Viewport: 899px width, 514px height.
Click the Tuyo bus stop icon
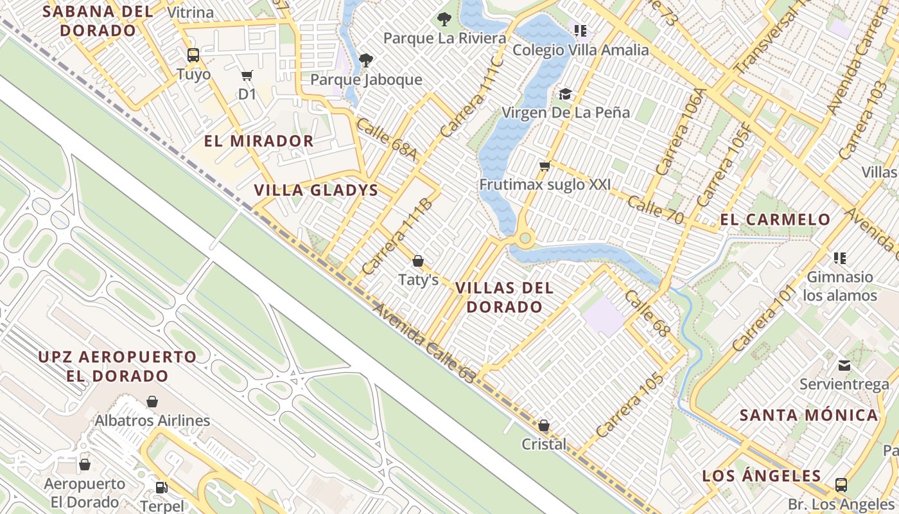[193, 55]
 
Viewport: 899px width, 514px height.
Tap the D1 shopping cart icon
[247, 76]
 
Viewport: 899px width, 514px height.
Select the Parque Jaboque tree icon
[366, 60]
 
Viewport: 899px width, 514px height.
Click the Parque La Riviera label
[444, 39]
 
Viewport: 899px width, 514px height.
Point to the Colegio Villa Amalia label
[580, 50]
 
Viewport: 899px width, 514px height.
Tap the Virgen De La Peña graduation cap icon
[565, 94]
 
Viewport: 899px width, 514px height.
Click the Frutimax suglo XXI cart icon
[545, 166]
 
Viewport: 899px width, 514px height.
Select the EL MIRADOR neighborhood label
[259, 141]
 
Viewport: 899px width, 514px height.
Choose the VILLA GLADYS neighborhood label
[316, 191]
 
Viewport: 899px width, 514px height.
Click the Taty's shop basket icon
[418, 261]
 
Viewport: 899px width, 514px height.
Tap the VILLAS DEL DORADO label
[504, 297]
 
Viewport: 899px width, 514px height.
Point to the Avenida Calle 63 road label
[424, 344]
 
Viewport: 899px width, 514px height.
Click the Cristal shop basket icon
[544, 425]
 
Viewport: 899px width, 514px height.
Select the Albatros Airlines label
[152, 421]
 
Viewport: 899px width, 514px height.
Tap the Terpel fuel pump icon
[162, 488]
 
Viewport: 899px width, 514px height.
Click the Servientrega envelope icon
[844, 366]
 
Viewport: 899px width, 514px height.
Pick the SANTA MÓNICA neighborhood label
[808, 415]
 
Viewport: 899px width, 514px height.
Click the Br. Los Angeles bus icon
[841, 484]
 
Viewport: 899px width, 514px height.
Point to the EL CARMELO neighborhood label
[775, 220]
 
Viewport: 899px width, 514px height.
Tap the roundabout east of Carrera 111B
[526, 240]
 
